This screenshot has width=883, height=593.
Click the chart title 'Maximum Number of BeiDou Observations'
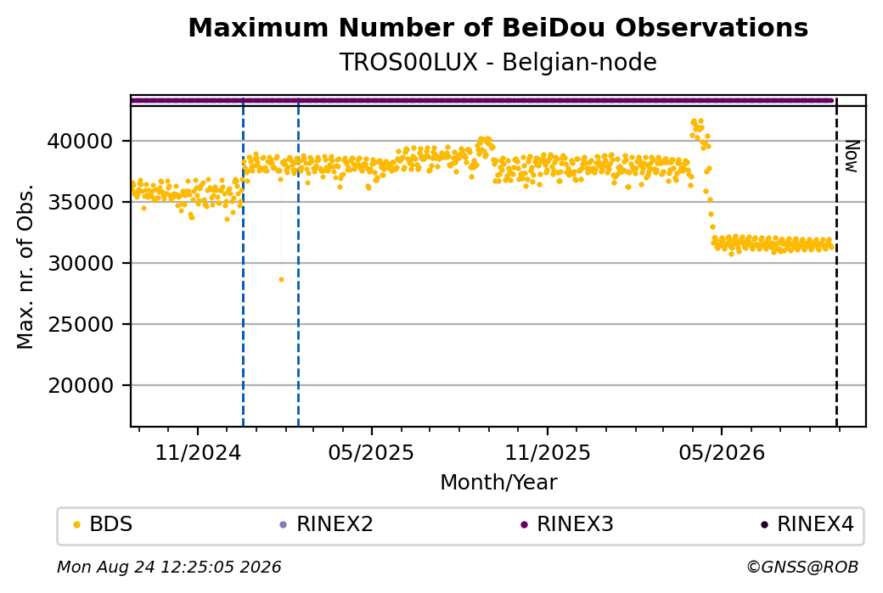[498, 27]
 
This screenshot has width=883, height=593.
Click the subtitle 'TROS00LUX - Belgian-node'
[498, 63]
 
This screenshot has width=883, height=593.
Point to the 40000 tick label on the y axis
[81, 141]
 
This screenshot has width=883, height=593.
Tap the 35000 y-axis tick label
[81, 203]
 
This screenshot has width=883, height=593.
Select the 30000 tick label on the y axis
[81, 263]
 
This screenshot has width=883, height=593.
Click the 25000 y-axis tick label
[81, 325]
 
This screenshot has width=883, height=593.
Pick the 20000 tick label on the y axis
[81, 386]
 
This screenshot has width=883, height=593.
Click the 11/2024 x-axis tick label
[198, 452]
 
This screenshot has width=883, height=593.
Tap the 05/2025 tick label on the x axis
[371, 452]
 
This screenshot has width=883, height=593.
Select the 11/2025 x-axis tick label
[548, 452]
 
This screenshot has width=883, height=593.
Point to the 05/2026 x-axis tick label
[722, 452]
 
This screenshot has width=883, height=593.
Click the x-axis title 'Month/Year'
[498, 483]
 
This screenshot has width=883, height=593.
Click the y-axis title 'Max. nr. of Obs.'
[25, 266]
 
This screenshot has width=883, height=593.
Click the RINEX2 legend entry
[327, 524]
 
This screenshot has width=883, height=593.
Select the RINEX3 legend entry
[567, 524]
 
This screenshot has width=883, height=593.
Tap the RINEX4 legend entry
[807, 524]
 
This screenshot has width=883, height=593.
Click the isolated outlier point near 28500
[282, 280]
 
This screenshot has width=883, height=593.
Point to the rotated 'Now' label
[852, 156]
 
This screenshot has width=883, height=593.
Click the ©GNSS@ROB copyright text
[802, 567]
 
